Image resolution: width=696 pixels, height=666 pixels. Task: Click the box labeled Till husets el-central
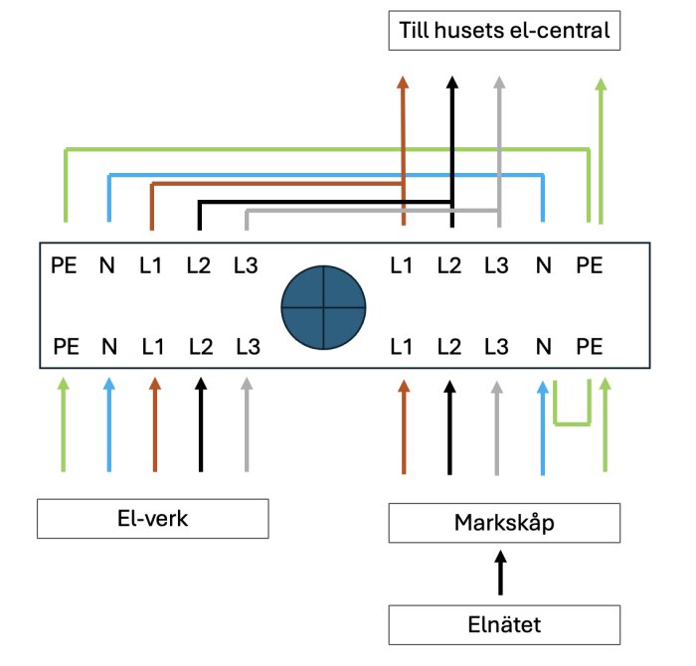point(504,31)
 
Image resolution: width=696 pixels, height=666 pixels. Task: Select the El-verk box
point(152,519)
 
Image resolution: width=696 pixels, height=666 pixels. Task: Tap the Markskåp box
point(504,522)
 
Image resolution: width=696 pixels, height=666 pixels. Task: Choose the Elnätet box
point(504,625)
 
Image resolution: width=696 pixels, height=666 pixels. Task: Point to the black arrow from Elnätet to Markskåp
point(501,574)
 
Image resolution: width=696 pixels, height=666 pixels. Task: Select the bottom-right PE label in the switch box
point(589,347)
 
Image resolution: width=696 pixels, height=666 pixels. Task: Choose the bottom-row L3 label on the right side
point(496,347)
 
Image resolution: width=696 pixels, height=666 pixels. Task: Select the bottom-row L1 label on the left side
point(152,347)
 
